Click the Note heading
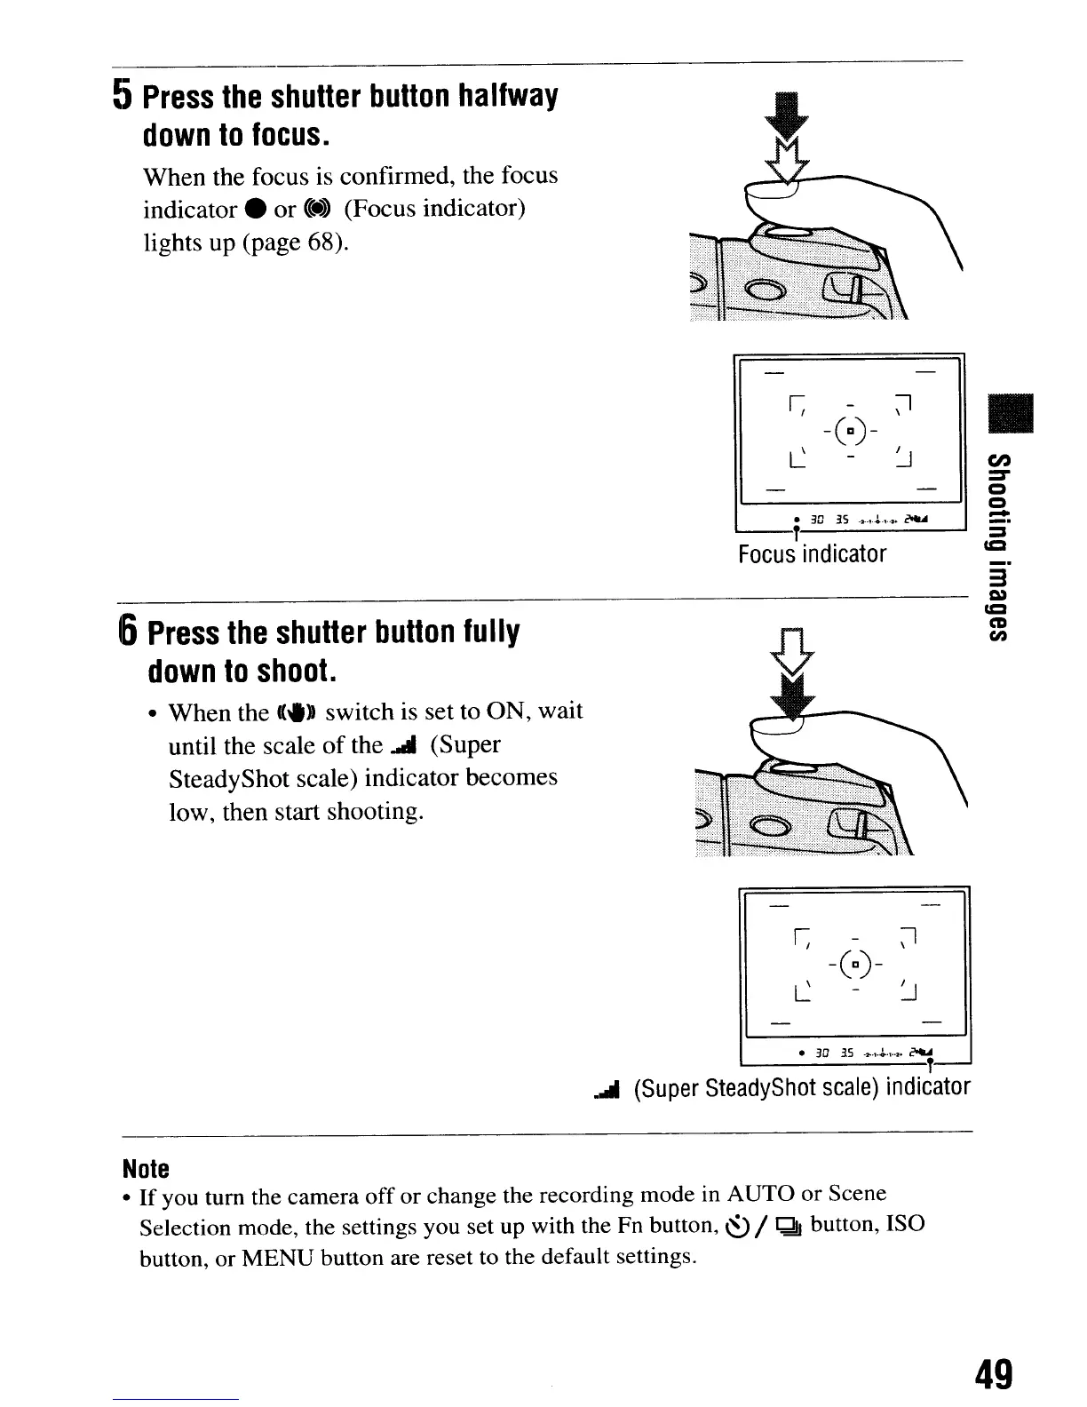click(x=146, y=1166)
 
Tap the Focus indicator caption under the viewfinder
click(x=812, y=554)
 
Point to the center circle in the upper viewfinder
click(x=850, y=432)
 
